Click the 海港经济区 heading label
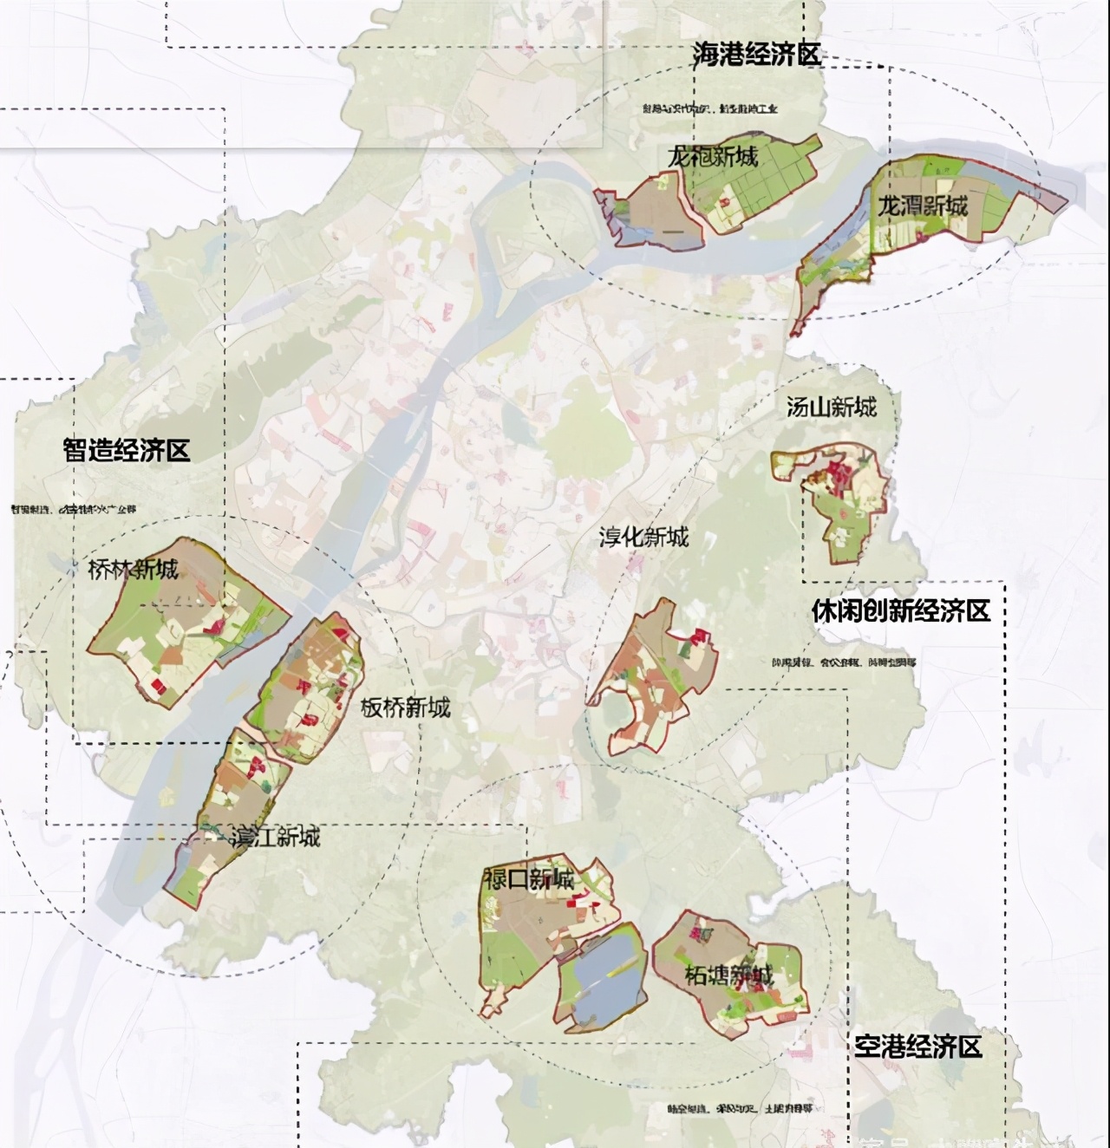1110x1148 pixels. [x=756, y=54]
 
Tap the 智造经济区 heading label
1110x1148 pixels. [x=126, y=450]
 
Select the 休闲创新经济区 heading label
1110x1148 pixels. [x=900, y=611]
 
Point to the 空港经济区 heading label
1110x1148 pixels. [x=918, y=1047]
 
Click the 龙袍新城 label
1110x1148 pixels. [x=713, y=157]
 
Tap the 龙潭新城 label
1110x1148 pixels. [x=922, y=206]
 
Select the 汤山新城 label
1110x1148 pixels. [x=831, y=407]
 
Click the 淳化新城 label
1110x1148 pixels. [x=643, y=537]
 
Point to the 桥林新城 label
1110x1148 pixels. [x=133, y=570]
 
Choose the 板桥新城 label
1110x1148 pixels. [x=405, y=708]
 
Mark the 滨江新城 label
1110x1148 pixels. [x=275, y=838]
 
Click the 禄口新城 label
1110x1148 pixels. [x=529, y=880]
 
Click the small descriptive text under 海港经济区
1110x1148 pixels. [x=710, y=109]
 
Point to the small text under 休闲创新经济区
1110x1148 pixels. [x=843, y=662]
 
